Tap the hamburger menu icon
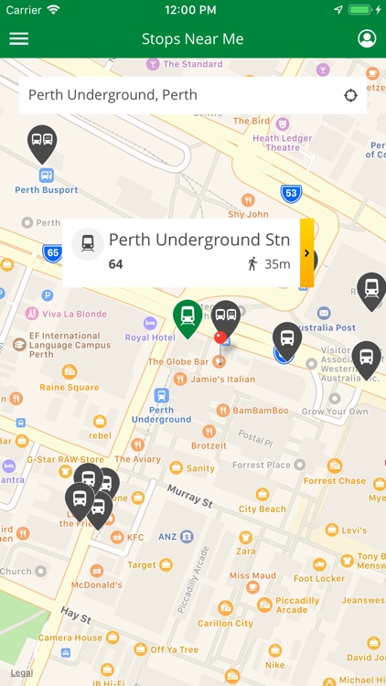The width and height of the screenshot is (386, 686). (x=18, y=39)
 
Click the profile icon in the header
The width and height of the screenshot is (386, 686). (x=367, y=38)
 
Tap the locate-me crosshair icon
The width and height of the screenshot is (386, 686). (x=350, y=95)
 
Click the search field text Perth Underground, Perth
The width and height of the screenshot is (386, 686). (x=113, y=95)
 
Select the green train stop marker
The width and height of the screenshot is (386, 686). (x=188, y=316)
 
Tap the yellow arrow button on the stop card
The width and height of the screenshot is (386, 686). (x=306, y=253)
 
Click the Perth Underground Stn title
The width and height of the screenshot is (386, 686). (x=198, y=240)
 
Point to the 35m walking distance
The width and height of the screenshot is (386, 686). (x=277, y=264)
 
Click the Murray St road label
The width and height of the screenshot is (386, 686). (x=189, y=496)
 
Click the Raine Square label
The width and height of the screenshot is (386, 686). (x=70, y=387)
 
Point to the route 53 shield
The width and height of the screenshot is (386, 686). (x=291, y=193)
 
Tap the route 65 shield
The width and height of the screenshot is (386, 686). (x=52, y=252)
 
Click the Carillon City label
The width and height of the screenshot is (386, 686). (x=224, y=623)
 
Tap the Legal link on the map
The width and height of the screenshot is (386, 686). (x=22, y=672)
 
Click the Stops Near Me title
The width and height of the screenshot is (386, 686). (x=192, y=39)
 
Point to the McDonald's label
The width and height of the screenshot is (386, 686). (x=96, y=584)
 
